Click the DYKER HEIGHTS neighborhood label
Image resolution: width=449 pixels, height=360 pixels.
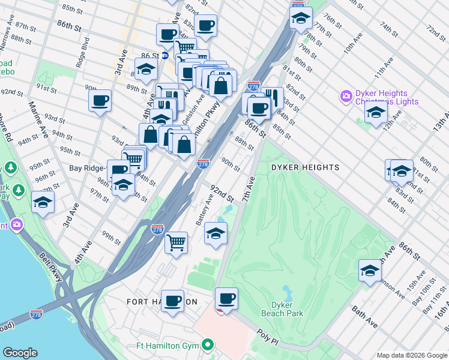point(305,167)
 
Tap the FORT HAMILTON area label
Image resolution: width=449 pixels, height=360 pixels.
point(161,301)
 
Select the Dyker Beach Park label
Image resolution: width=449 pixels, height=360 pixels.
point(282,309)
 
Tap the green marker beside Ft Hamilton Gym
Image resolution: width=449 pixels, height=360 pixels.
point(208,345)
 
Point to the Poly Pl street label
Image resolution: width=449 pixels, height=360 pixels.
point(268,334)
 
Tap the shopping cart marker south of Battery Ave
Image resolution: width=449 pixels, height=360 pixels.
point(176,242)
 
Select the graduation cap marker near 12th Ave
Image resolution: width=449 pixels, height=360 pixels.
point(376,112)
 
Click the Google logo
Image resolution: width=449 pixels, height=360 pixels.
point(20,353)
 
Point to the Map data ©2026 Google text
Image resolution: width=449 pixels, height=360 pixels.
point(411,355)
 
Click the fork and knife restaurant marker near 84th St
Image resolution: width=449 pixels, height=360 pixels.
point(272,96)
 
